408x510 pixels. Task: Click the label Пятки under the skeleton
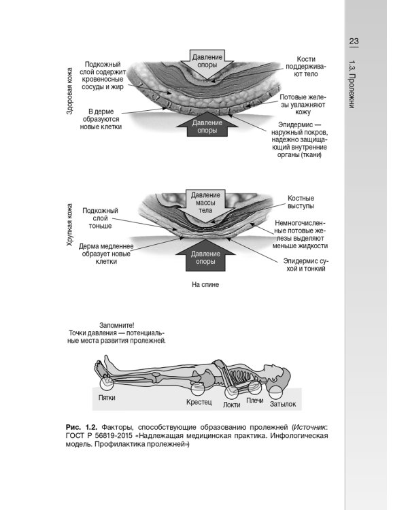[107, 397]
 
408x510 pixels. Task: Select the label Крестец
[199, 403]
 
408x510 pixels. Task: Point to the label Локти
[232, 405]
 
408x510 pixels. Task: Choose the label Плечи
[255, 401]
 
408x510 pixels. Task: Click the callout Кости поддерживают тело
[303, 65]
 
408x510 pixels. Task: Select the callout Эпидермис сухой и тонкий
[307, 265]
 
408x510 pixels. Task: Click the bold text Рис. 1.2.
[79, 426]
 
